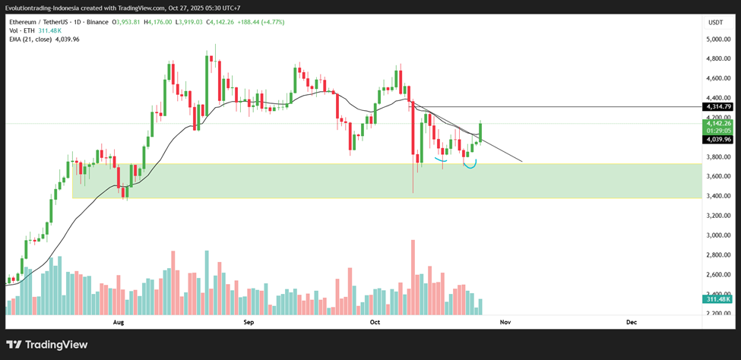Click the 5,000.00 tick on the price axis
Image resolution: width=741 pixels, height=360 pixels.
coord(717,39)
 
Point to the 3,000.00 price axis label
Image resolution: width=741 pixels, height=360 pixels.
coord(717,235)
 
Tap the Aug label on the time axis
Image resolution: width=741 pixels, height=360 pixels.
coord(119,322)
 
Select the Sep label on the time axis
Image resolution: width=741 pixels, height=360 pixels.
coord(249,322)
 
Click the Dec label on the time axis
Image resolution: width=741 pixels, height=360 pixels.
coord(632,322)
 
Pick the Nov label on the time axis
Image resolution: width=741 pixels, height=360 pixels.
coord(504,322)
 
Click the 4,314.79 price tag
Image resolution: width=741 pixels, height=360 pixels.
coord(718,107)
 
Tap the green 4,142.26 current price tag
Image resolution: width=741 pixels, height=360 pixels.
coord(718,123)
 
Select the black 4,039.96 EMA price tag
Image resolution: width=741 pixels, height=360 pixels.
coord(718,140)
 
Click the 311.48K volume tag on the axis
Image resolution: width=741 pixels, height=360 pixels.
coord(717,299)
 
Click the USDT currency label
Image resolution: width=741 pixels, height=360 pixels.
coord(715,23)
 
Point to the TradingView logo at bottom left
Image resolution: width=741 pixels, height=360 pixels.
coord(47,345)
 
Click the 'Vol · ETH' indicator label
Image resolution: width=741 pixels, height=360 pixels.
coord(24,31)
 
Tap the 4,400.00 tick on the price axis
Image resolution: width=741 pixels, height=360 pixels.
coord(717,98)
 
